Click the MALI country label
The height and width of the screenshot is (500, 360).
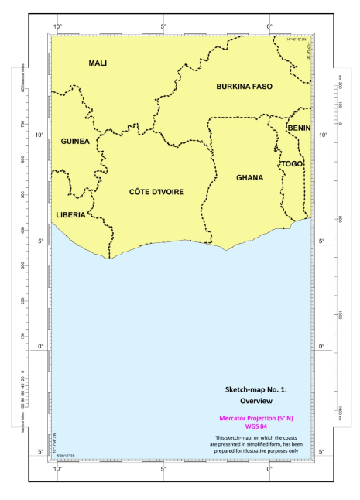click(x=98, y=63)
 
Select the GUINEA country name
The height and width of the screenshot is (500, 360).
click(x=75, y=141)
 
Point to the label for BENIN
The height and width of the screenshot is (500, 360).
click(x=298, y=127)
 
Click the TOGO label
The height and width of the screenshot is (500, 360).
click(x=291, y=163)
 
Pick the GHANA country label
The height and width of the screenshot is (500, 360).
click(x=249, y=177)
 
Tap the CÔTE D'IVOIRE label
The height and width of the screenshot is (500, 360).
click(x=156, y=191)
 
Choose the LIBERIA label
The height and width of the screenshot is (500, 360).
click(x=70, y=214)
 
